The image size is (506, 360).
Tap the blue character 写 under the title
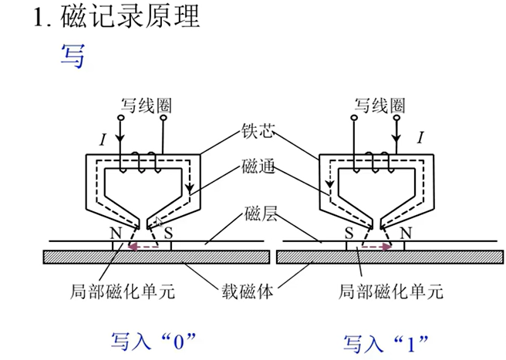coord(73,56)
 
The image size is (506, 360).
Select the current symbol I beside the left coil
coord(102,139)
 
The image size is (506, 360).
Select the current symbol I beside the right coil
coord(420,139)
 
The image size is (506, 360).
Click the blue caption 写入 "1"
coord(386,340)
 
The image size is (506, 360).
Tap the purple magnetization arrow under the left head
coord(142,247)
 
